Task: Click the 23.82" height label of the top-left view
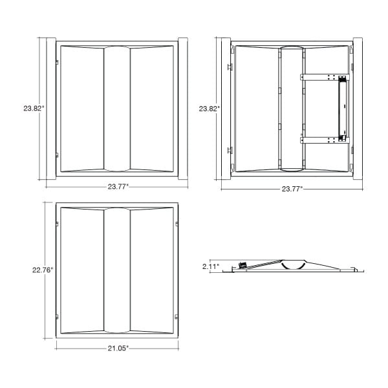(x=34, y=109)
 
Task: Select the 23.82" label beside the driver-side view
(x=210, y=109)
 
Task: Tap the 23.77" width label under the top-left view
(x=118, y=187)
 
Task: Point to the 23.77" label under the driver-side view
(x=292, y=189)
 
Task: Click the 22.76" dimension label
(x=43, y=270)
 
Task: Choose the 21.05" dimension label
(x=118, y=349)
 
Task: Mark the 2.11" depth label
(x=211, y=266)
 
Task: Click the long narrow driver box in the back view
(x=342, y=109)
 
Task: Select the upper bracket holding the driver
(x=325, y=77)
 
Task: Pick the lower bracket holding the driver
(x=325, y=140)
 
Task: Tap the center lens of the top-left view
(x=117, y=109)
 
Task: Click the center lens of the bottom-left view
(x=117, y=270)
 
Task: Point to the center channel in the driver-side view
(x=292, y=109)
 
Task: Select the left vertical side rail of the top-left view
(x=51, y=109)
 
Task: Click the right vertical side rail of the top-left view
(x=183, y=109)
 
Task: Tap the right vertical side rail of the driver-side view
(x=358, y=109)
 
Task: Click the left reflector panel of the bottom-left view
(x=82, y=270)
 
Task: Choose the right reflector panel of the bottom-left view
(x=152, y=270)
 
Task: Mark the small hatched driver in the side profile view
(x=242, y=264)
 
